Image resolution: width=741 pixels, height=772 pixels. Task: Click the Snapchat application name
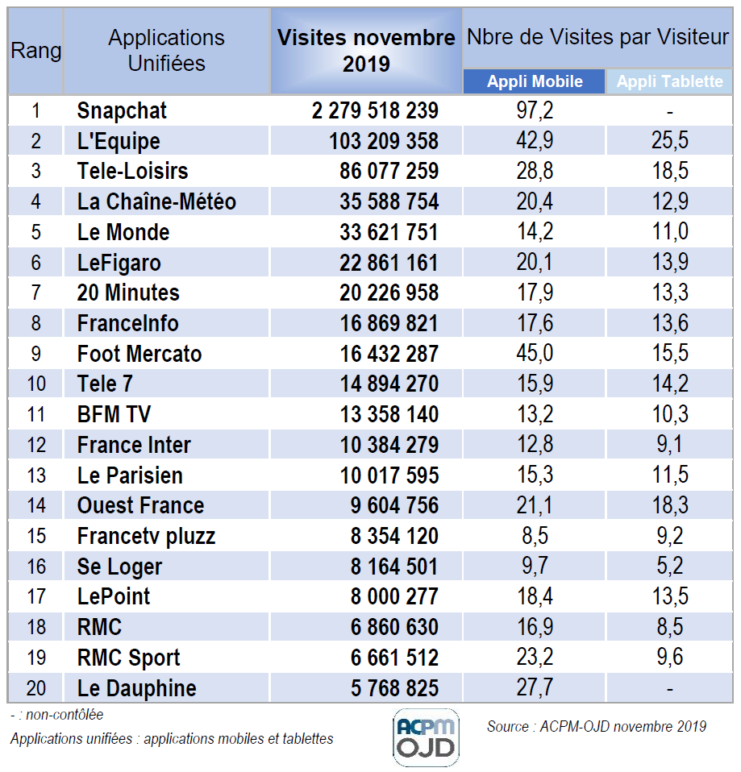tap(122, 110)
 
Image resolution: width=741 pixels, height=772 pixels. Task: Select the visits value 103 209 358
tap(384, 141)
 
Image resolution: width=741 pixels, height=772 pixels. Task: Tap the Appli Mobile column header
tap(534, 81)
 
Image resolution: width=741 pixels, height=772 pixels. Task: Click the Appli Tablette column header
tap(670, 81)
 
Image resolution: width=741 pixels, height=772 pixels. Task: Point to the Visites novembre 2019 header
tap(366, 50)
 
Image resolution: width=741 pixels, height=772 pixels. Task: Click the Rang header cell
tap(35, 51)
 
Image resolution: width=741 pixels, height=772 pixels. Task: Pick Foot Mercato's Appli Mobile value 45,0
tap(535, 354)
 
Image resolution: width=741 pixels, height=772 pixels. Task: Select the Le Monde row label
tap(123, 232)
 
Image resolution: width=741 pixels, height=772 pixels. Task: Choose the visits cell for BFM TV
tap(389, 414)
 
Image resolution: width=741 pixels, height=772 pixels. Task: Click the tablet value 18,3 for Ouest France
tap(670, 505)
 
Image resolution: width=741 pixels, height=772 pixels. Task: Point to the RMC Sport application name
tap(129, 658)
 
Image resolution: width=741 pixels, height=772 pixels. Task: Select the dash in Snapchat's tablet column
tap(670, 111)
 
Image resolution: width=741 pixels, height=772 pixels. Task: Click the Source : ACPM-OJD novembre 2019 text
tap(596, 726)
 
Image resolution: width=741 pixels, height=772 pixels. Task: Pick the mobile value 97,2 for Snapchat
tap(535, 110)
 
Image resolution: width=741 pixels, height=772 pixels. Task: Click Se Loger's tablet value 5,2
tap(670, 567)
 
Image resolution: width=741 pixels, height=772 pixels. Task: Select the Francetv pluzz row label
tap(146, 536)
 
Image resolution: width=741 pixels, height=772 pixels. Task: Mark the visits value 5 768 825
tap(395, 688)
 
